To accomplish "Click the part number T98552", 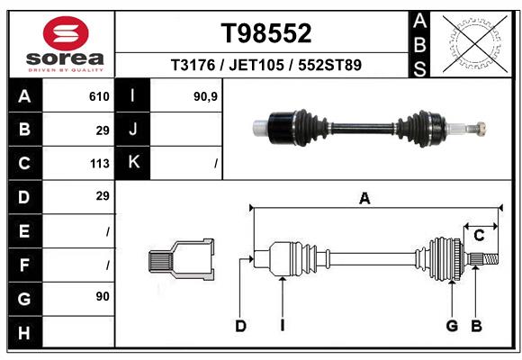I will [266, 33].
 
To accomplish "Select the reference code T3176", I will [192, 65].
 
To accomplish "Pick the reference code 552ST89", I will [330, 65].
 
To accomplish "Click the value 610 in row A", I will [99, 96].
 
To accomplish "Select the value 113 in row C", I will [99, 164].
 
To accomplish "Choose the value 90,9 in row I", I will [205, 96].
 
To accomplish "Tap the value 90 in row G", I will [102, 296].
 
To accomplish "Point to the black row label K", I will [133, 163].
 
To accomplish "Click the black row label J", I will [133, 130].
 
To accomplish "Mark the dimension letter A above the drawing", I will [364, 199].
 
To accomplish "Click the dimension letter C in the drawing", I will [480, 235].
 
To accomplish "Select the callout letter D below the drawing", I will [240, 326].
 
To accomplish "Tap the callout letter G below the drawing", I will [452, 326].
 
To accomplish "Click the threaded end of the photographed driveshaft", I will [478, 127].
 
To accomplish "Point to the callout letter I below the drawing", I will [282, 326].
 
